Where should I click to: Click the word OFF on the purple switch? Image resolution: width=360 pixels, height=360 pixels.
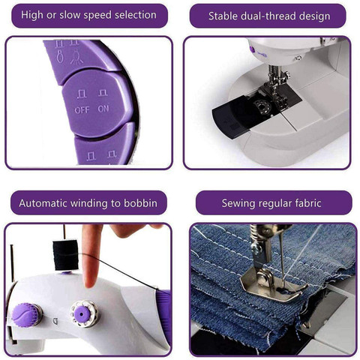[82, 109]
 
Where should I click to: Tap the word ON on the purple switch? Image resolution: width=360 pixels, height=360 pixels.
[103, 109]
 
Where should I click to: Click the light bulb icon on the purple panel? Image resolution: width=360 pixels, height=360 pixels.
[76, 57]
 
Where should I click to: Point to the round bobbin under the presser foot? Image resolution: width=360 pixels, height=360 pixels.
[262, 107]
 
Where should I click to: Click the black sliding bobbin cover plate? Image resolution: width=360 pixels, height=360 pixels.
[235, 116]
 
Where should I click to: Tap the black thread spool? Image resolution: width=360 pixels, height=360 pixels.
[66, 255]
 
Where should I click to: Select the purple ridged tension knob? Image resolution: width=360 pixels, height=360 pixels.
[26, 314]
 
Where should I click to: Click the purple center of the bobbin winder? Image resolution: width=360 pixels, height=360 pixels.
[82, 313]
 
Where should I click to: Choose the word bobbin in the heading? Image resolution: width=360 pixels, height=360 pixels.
[140, 203]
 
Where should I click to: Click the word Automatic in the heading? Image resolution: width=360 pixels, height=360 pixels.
[43, 203]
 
